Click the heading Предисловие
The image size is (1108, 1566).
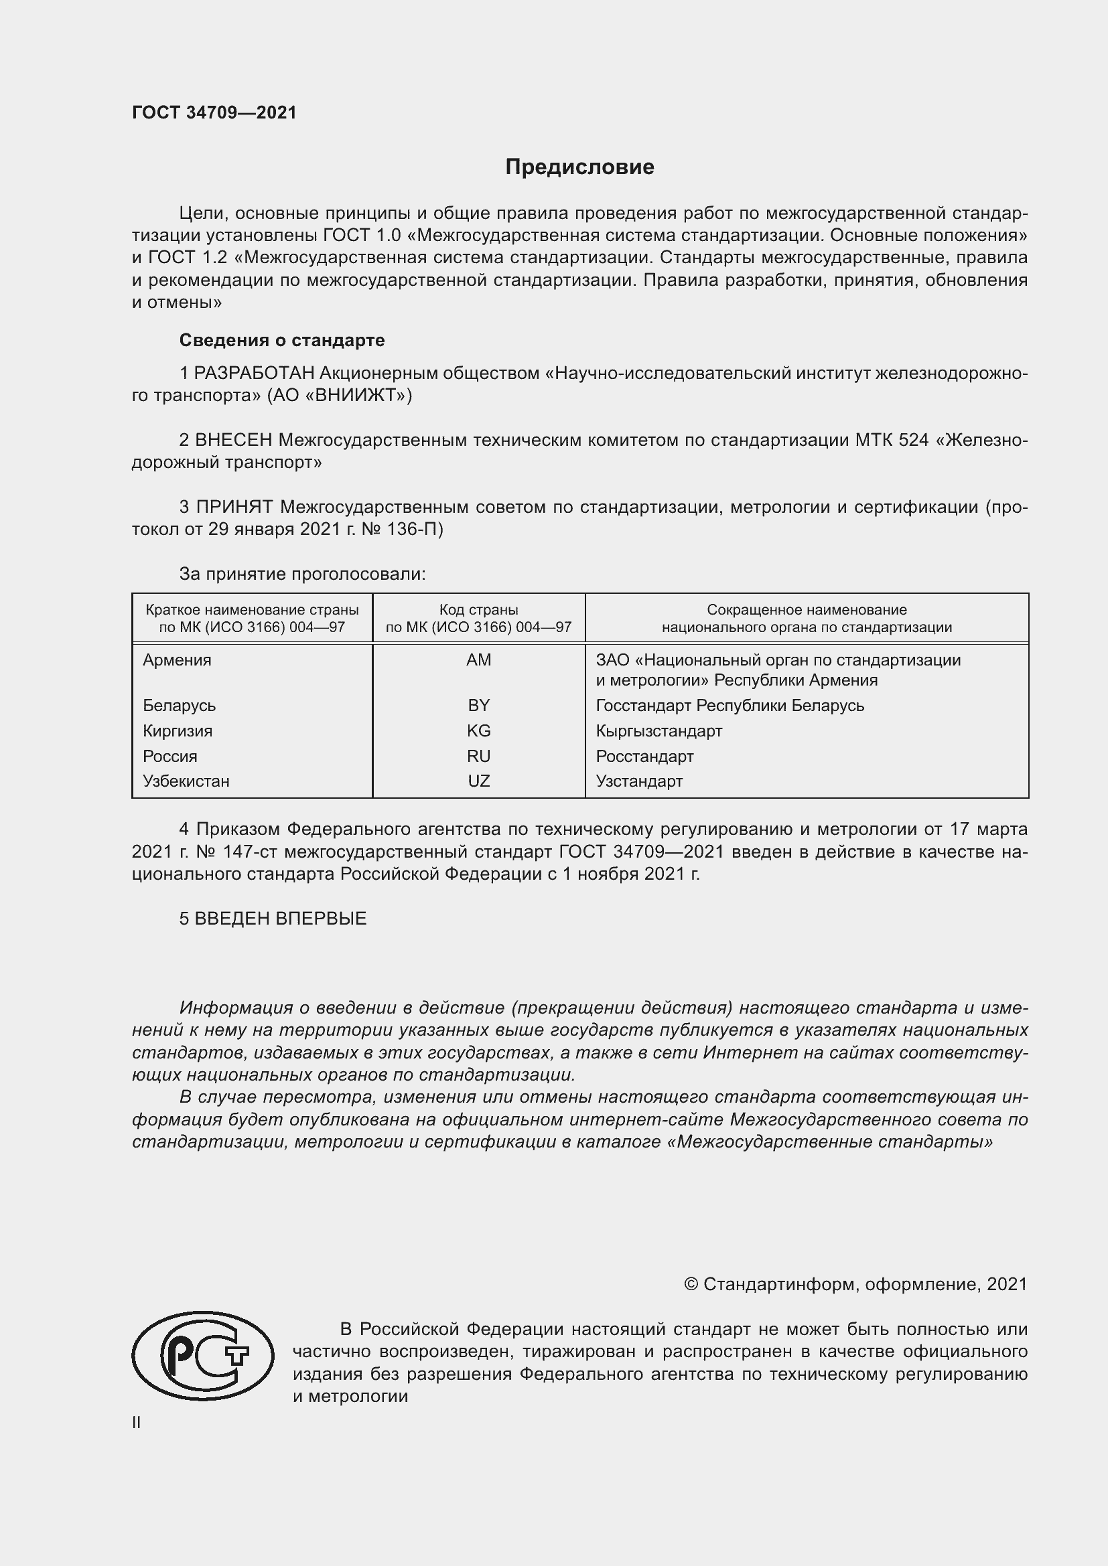pos(579,167)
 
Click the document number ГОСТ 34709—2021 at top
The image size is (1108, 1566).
pos(214,113)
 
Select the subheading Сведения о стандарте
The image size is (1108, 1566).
pos(282,340)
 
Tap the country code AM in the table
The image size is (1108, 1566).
pos(478,660)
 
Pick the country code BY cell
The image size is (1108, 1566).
pos(478,705)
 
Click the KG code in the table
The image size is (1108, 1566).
pos(478,731)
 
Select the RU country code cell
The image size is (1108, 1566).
pos(478,757)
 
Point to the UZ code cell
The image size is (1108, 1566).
pos(478,781)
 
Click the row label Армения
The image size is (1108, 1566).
pos(177,660)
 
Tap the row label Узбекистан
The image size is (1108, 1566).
pos(186,781)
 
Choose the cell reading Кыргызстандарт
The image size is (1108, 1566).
pos(659,731)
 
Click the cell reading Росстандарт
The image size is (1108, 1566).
pos(644,757)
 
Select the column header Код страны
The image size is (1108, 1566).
pos(478,610)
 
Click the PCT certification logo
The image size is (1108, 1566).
pos(202,1356)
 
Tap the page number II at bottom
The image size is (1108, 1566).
pos(137,1423)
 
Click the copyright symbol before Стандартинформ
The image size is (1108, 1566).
pos(691,1285)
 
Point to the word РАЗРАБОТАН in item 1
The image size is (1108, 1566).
pos(255,374)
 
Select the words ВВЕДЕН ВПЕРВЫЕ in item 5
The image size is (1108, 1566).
pos(281,919)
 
